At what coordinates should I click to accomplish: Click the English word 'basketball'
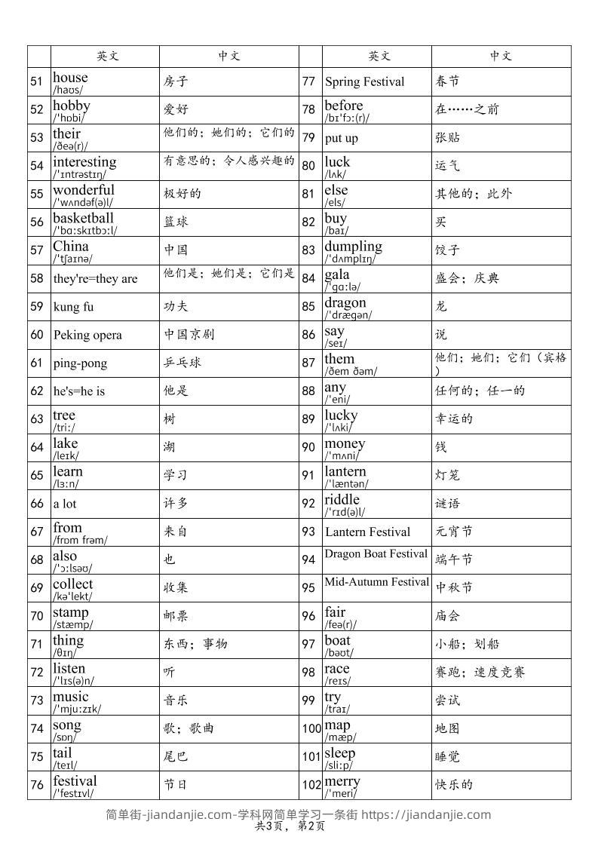tap(83, 219)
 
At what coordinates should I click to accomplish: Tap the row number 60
tap(37, 335)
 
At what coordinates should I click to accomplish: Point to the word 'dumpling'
tap(354, 247)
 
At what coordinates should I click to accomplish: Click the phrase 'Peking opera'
tap(87, 335)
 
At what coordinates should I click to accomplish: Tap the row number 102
tap(311, 785)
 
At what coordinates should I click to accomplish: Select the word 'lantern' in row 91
tap(345, 471)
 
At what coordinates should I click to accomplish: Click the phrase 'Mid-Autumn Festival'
tap(377, 582)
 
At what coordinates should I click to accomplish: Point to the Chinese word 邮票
tap(176, 616)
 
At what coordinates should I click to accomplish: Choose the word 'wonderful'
tap(84, 190)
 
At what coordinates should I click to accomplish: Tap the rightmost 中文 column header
tap(501, 56)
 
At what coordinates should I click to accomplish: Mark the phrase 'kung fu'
tap(74, 307)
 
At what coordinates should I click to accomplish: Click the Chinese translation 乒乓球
tap(182, 363)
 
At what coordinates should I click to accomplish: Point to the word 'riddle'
tap(342, 499)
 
